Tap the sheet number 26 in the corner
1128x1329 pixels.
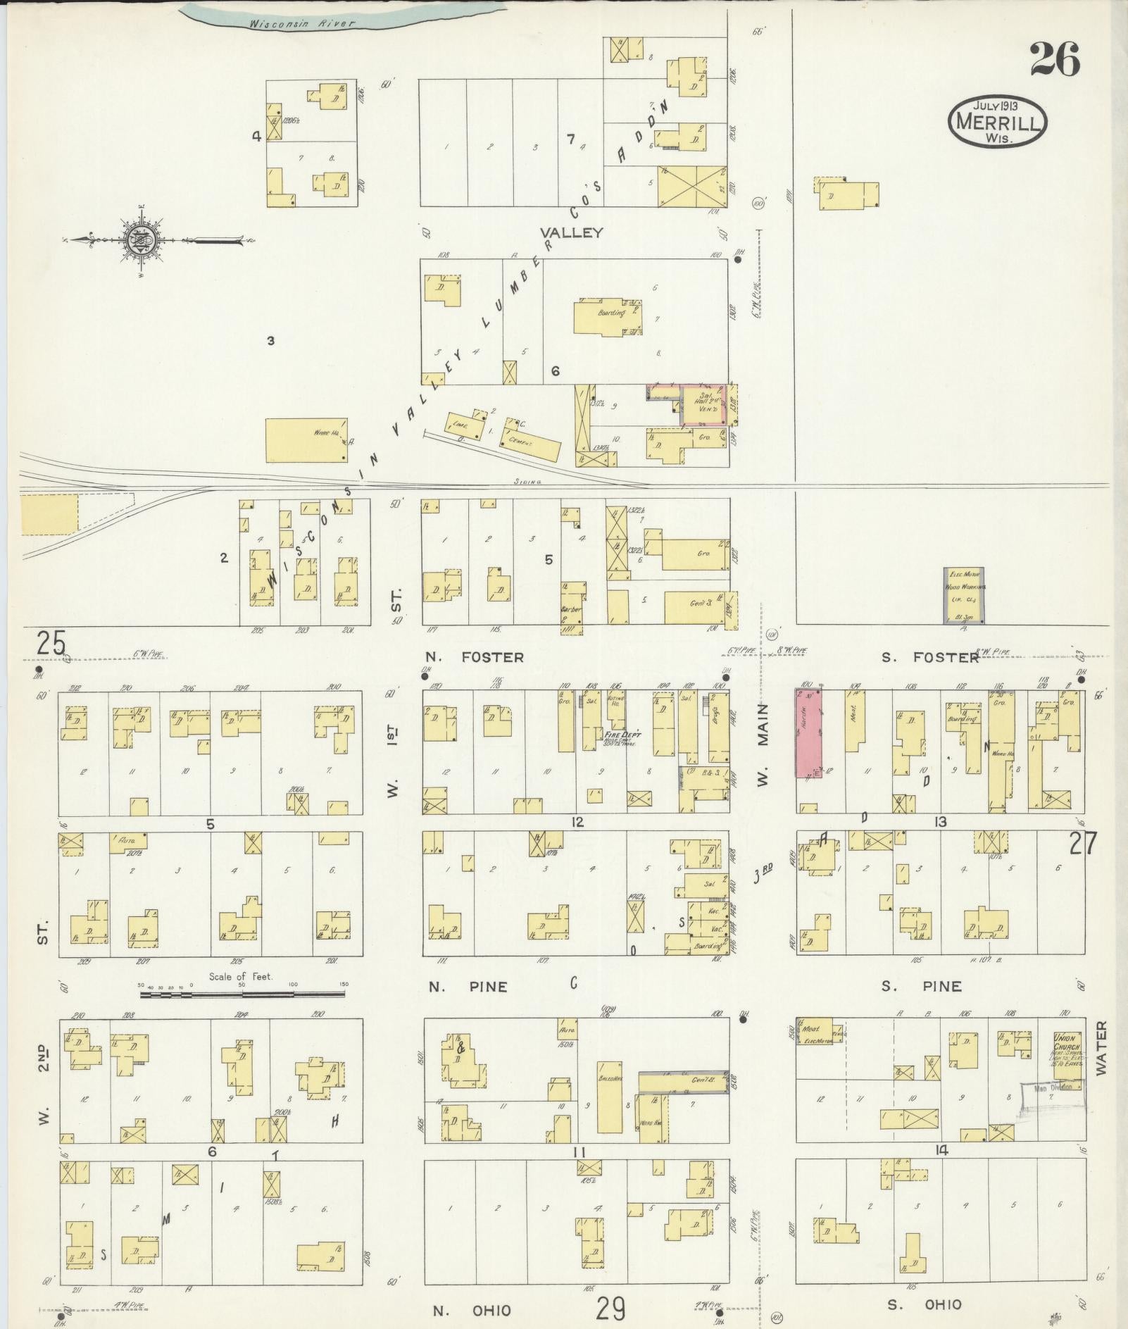click(x=1054, y=59)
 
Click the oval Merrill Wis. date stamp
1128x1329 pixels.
click(x=997, y=122)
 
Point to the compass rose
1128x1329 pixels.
click(x=139, y=241)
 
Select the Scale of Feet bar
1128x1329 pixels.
click(x=242, y=994)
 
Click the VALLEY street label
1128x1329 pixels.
click(x=571, y=232)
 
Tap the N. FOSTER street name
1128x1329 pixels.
click(x=475, y=657)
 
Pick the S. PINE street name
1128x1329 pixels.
click(x=922, y=986)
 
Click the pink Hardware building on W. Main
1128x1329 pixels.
click(x=808, y=732)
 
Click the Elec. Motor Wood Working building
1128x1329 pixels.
click(x=963, y=595)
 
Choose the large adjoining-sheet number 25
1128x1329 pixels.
click(x=51, y=643)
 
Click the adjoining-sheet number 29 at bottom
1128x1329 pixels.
click(x=610, y=1309)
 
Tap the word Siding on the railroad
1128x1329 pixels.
click(x=527, y=482)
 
